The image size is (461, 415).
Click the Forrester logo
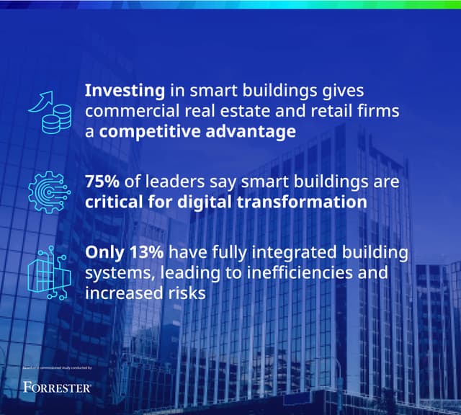(57, 388)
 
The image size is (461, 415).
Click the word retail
(320, 112)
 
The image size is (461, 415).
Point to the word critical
(115, 202)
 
